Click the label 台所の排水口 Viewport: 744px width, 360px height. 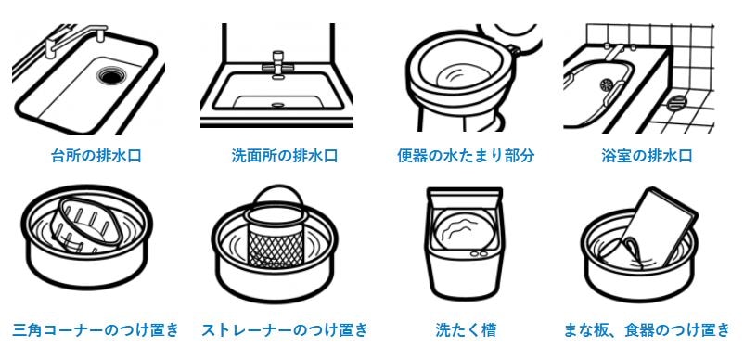click(x=96, y=156)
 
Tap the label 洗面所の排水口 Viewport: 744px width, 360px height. click(x=285, y=156)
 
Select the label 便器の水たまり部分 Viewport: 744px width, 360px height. click(x=466, y=156)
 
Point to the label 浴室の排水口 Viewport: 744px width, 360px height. click(x=647, y=156)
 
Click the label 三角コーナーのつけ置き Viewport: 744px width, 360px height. click(x=96, y=329)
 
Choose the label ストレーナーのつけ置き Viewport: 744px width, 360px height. click(x=285, y=329)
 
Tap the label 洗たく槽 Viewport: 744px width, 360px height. click(x=466, y=329)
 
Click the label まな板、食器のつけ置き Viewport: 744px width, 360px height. click(x=647, y=329)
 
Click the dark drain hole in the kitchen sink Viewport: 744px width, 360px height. click(x=112, y=75)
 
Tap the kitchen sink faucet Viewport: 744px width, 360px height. click(x=76, y=39)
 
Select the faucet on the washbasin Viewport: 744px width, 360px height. click(x=277, y=64)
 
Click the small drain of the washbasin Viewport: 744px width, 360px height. click(x=277, y=104)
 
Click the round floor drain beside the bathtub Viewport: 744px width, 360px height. click(x=677, y=102)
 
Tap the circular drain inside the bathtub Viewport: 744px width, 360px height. click(x=608, y=85)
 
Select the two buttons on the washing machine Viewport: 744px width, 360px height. click(x=479, y=255)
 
